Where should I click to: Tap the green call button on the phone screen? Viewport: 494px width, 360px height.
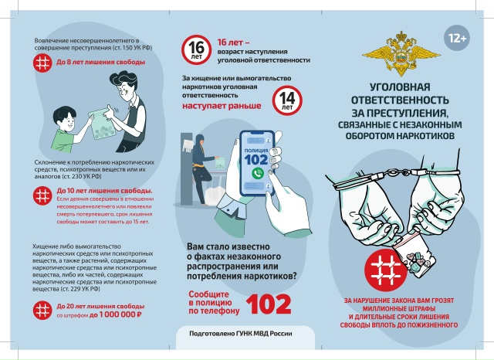[256, 173]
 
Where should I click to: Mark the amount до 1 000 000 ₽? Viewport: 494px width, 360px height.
[116, 315]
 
